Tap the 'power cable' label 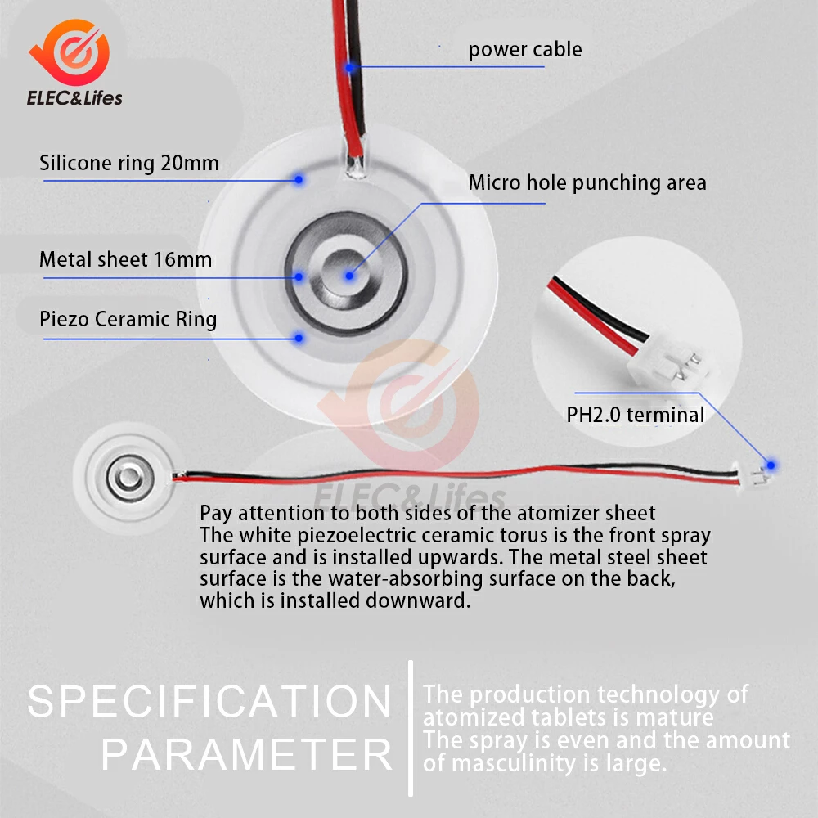(x=525, y=50)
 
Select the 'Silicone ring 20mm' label (x=129, y=163)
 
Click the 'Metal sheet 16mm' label (x=125, y=260)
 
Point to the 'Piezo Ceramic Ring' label (x=128, y=318)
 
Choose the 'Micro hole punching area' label (x=587, y=182)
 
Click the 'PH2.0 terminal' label (x=635, y=415)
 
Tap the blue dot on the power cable (x=350, y=67)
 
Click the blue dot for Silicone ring (x=299, y=179)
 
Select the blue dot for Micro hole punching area (x=349, y=276)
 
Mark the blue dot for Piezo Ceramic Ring (x=299, y=337)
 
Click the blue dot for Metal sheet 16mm (x=299, y=276)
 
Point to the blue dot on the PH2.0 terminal (x=771, y=465)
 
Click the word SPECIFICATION (x=210, y=702)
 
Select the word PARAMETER (x=247, y=754)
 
